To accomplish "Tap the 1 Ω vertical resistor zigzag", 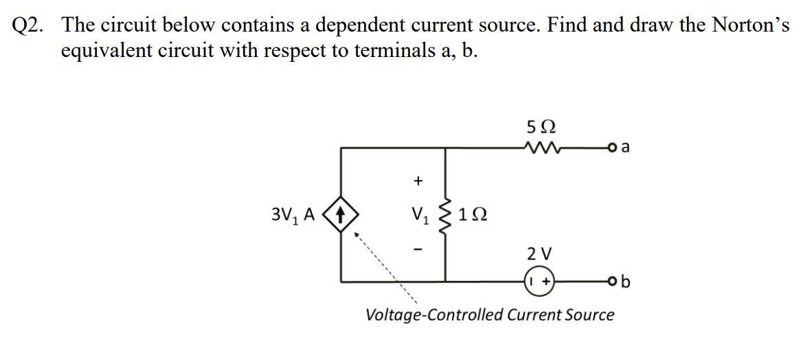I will pyautogui.click(x=447, y=216).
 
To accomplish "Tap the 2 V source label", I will pyautogui.click(x=539, y=254).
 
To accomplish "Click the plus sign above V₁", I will pyautogui.click(x=417, y=181).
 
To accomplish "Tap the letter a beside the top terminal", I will pyautogui.click(x=625, y=146).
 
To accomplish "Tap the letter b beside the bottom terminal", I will pyautogui.click(x=625, y=281).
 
